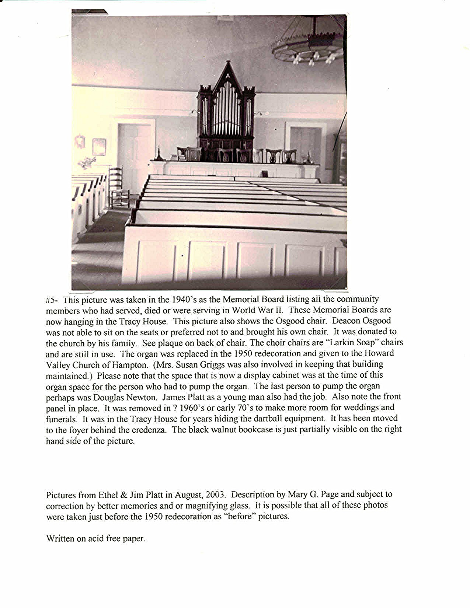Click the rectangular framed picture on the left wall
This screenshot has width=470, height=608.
(x=99, y=146)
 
